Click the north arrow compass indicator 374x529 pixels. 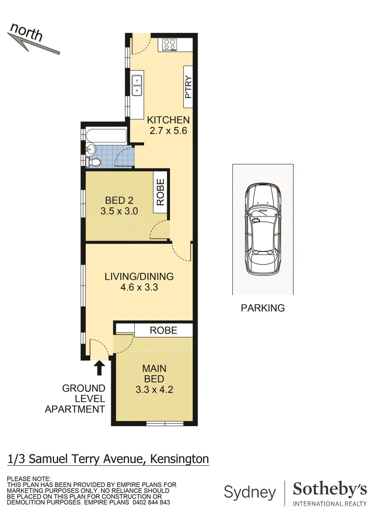click(x=33, y=39)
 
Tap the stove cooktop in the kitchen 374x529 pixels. click(x=170, y=45)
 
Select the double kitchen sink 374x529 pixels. click(x=137, y=85)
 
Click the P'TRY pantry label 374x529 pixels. click(x=188, y=86)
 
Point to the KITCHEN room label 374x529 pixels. click(x=168, y=120)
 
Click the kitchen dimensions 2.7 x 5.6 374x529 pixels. click(x=168, y=131)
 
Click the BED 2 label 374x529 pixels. click(x=119, y=200)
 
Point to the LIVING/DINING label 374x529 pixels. click(x=139, y=276)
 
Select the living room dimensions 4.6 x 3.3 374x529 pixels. click(x=139, y=288)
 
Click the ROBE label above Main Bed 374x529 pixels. click(x=163, y=330)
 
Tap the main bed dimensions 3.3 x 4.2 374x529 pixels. click(x=154, y=390)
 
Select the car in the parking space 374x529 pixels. click(x=263, y=230)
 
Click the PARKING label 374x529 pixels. click(x=263, y=308)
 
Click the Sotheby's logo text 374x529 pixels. click(x=329, y=489)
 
